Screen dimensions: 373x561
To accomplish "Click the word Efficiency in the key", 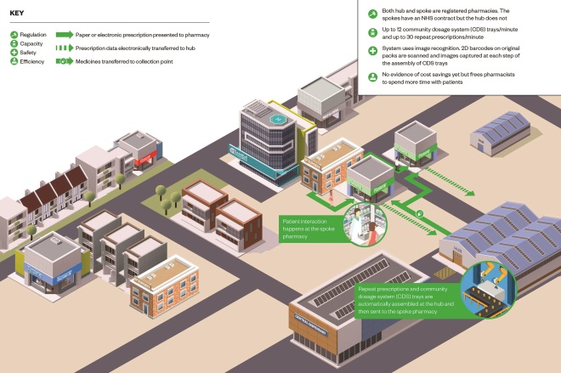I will pyautogui.click(x=33, y=62).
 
